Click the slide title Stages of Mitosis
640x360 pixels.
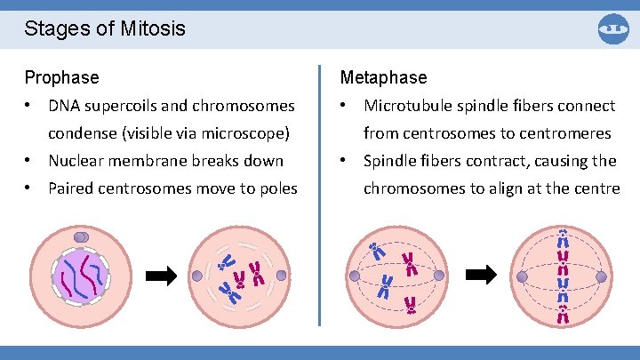[x=105, y=28]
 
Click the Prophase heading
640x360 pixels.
[x=61, y=77]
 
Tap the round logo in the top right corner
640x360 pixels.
[x=613, y=28]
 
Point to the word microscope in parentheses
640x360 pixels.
[x=251, y=133]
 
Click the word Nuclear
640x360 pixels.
[x=77, y=161]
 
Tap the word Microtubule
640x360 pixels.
[x=409, y=106]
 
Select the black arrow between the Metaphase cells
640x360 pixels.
[x=482, y=275]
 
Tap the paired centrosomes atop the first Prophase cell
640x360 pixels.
[x=80, y=237]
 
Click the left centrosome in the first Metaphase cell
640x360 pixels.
[x=355, y=276]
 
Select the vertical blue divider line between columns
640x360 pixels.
[x=319, y=196]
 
